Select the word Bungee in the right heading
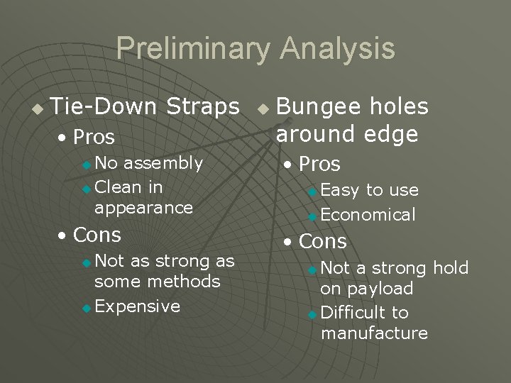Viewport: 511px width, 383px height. pyautogui.click(x=318, y=107)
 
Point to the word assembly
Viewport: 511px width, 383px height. pyautogui.click(x=163, y=163)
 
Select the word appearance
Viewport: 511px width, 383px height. pyautogui.click(x=143, y=207)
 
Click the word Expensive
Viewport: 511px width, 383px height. pyautogui.click(x=137, y=306)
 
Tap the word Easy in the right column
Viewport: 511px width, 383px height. pyautogui.click(x=340, y=190)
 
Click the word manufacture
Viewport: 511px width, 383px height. pyautogui.click(x=374, y=333)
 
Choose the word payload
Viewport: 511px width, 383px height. pyautogui.click(x=366, y=289)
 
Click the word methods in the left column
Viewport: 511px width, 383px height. pyautogui.click(x=188, y=282)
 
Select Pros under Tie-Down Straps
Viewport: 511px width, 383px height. pyautogui.click(x=93, y=136)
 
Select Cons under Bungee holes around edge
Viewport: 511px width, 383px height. pyautogui.click(x=322, y=241)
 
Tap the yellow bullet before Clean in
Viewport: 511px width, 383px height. pyautogui.click(x=87, y=189)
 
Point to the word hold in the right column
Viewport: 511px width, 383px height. pyautogui.click(x=451, y=268)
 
